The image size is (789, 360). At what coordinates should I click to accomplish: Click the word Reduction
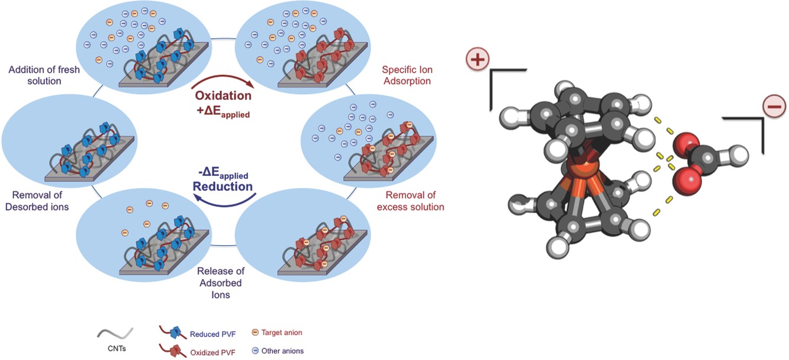point(223,186)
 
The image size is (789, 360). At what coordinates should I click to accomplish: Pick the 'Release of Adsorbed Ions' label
point(220,282)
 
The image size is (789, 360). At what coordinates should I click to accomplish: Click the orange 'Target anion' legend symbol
point(255,333)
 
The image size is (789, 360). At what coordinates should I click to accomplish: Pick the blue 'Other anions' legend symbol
point(255,351)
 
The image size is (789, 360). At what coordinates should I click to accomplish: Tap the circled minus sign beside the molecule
point(774,107)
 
